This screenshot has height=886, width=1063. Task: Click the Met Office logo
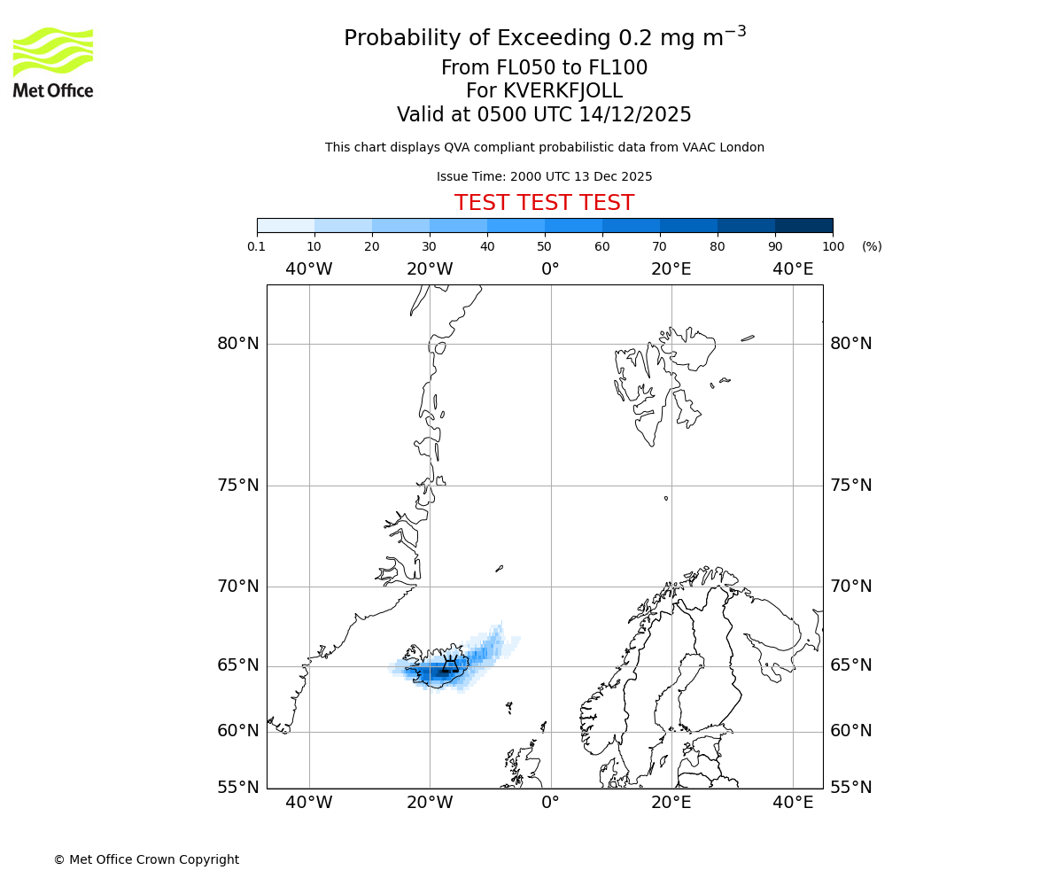pyautogui.click(x=53, y=62)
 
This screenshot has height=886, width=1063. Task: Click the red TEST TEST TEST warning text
pyautogui.click(x=544, y=203)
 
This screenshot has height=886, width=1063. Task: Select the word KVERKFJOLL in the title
pyautogui.click(x=563, y=91)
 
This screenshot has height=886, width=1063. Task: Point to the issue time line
pyautogui.click(x=544, y=176)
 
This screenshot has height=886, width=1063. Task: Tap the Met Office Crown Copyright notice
pyautogui.click(x=146, y=859)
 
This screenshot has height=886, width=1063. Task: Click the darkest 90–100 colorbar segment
pyautogui.click(x=803, y=225)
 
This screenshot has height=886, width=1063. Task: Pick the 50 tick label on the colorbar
pyautogui.click(x=544, y=246)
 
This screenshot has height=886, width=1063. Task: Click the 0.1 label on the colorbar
pyautogui.click(x=257, y=246)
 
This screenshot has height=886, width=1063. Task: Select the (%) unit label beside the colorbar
pyautogui.click(x=872, y=246)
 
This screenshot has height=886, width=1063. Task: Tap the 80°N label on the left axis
pyautogui.click(x=238, y=344)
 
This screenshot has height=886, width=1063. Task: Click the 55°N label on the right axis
pyautogui.click(x=850, y=787)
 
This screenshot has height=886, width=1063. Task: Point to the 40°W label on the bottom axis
pyautogui.click(x=309, y=803)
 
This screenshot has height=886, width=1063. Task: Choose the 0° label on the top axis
pyautogui.click(x=550, y=268)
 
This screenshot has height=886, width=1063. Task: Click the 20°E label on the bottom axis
pyautogui.click(x=671, y=803)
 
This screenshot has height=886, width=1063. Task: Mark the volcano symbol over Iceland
pyautogui.click(x=450, y=665)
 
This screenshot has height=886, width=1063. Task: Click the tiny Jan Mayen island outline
pyautogui.click(x=500, y=568)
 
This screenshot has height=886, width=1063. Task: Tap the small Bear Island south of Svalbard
pyautogui.click(x=666, y=498)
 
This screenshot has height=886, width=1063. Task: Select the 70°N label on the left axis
pyautogui.click(x=238, y=587)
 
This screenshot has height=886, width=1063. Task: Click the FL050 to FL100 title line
pyautogui.click(x=544, y=68)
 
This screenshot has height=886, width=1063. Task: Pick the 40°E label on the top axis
pyautogui.click(x=793, y=268)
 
